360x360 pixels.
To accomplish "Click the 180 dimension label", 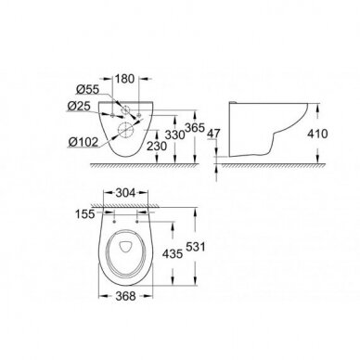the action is pos(125,79).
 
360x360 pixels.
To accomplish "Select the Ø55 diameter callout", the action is pos(87,90).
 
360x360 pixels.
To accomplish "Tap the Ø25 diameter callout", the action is pos(79,107).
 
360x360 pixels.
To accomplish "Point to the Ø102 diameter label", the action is pos(84,142).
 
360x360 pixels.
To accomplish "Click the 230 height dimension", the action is pos(157,146).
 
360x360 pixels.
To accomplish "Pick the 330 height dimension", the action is pos(174,135).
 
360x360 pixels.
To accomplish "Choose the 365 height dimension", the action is pos(195,127).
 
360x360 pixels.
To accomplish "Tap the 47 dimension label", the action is pos(213,134).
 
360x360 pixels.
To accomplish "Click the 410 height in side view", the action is pos(317,134).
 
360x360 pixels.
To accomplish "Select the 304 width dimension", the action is pos(125,193).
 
